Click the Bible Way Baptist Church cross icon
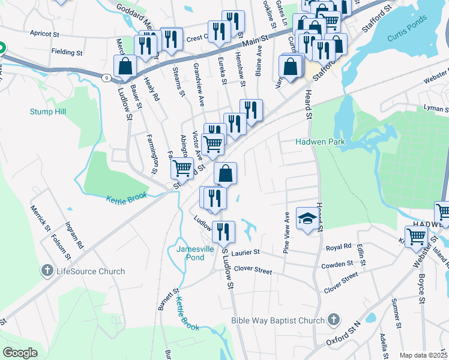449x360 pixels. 333,321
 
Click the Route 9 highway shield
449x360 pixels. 106,77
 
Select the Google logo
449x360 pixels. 19,352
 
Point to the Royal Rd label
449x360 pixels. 339,247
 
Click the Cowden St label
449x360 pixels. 337,264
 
